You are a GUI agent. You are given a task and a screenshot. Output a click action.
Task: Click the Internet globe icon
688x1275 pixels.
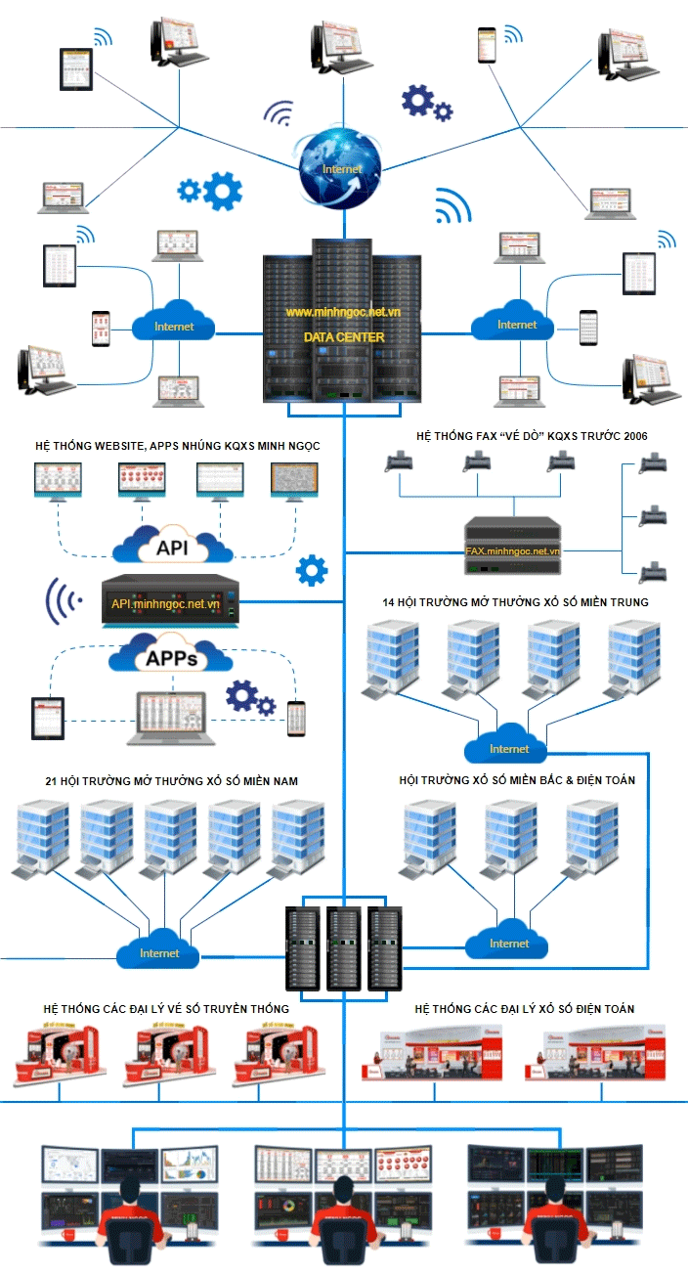[x=342, y=168]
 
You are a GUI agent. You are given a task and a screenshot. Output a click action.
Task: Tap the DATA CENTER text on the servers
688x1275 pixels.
[x=344, y=337]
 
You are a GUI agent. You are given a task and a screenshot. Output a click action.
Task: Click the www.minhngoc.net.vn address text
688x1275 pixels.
[x=343, y=312]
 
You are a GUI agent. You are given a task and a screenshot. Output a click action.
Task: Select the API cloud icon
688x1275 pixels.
[x=172, y=545]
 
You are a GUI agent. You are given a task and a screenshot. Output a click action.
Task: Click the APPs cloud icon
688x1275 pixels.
[x=171, y=656]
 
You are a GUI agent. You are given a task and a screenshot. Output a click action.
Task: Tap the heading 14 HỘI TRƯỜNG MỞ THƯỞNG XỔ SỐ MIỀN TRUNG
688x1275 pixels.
[x=515, y=602]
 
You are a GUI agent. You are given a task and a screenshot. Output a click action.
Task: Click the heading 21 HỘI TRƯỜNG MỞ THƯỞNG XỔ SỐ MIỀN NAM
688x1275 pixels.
[x=171, y=781]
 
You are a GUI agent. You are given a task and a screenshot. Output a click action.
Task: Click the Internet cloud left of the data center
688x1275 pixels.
[x=174, y=325]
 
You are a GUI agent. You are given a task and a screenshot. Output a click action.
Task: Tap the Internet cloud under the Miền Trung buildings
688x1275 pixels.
[x=509, y=748]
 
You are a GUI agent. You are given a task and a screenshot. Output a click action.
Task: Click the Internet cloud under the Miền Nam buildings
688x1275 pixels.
[x=159, y=951]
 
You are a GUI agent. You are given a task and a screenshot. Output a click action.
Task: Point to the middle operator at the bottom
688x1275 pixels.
[x=343, y=1212]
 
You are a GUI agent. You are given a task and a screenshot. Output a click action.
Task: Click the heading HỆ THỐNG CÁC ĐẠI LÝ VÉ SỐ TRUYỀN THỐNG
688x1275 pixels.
[x=166, y=1008]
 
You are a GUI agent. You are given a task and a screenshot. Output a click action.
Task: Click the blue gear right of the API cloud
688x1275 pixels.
[x=312, y=570]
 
